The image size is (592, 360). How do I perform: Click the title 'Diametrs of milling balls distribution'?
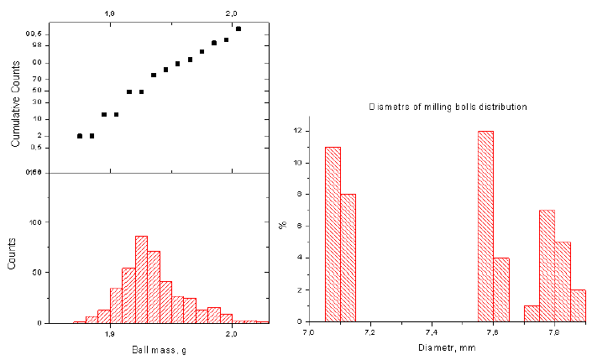pyautogui.click(x=448, y=107)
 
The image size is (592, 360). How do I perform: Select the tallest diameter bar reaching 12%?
pyautogui.click(x=485, y=226)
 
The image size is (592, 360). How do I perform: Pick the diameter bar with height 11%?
pyautogui.click(x=333, y=234)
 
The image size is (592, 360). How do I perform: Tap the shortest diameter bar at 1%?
pyautogui.click(x=531, y=313)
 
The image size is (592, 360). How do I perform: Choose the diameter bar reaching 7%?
pyautogui.click(x=547, y=265)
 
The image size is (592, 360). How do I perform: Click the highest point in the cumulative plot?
pyautogui.click(x=238, y=29)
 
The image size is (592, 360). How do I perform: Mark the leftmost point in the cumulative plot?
pyautogui.click(x=80, y=136)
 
